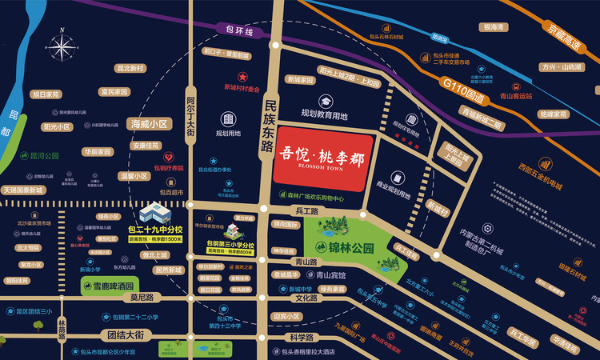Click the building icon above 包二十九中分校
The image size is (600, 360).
point(154,212)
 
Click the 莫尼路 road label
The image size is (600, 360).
point(142,298)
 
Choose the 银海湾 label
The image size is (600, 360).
point(492,27)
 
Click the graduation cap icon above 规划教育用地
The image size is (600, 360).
point(326,102)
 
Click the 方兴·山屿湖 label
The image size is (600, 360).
point(559,67)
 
